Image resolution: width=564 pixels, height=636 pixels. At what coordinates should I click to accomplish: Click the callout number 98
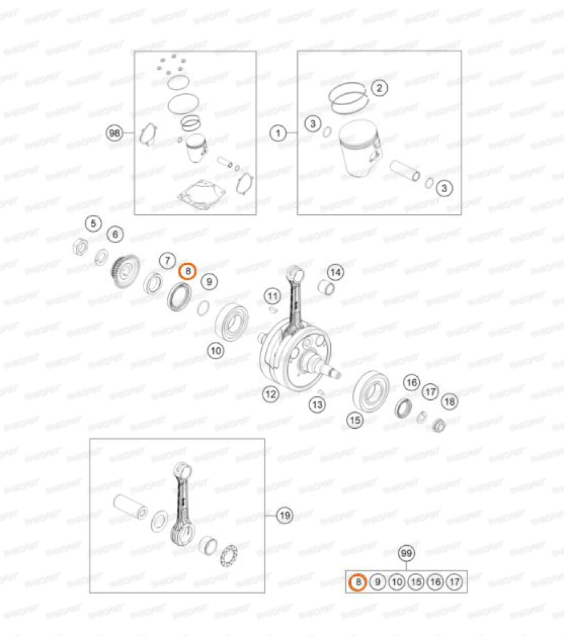click(x=114, y=133)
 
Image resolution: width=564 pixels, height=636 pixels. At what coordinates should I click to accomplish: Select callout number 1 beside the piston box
click(x=278, y=133)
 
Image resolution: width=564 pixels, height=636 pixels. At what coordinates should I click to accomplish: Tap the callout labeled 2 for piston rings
click(x=379, y=88)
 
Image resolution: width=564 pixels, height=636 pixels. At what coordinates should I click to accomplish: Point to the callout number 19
click(x=285, y=515)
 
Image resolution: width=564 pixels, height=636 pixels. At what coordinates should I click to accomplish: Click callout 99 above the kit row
click(x=407, y=553)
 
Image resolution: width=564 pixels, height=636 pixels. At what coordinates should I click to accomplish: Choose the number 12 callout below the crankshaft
click(x=270, y=394)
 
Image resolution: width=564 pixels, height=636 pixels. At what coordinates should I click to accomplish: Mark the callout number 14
click(x=336, y=272)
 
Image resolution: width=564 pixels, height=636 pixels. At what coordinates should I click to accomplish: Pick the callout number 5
click(x=93, y=223)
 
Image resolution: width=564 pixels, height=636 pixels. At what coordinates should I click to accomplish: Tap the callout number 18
click(x=449, y=401)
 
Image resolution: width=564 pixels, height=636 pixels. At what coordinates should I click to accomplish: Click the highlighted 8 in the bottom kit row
click(x=357, y=582)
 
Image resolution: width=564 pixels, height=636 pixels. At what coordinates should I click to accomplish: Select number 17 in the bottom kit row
click(x=455, y=582)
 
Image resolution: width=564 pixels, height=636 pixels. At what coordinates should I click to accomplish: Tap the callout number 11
click(x=271, y=295)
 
